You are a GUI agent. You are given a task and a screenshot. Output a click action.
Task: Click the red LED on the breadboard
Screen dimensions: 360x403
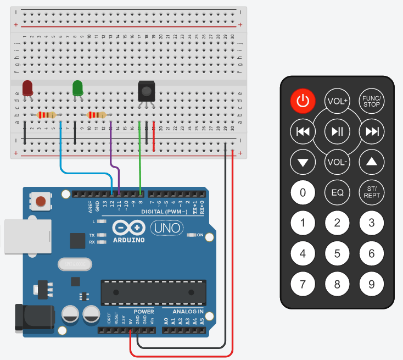click(27, 88)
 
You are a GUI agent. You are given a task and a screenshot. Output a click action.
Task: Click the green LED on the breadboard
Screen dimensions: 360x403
click(77, 88)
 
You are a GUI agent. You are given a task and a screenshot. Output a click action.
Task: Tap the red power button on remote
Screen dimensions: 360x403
click(303, 101)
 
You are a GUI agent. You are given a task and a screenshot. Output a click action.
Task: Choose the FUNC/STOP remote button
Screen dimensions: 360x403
click(371, 101)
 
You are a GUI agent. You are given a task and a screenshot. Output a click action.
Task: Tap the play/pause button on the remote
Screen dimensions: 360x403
click(337, 131)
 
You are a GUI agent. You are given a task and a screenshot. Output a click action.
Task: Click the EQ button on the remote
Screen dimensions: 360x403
click(337, 192)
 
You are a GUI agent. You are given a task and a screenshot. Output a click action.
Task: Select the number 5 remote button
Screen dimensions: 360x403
click(337, 253)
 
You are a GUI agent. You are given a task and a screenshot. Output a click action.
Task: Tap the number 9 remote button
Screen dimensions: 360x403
click(371, 284)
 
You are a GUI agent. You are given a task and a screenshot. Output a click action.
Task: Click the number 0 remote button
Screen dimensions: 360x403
click(303, 192)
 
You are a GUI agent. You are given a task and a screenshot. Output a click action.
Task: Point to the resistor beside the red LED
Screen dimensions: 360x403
click(46, 115)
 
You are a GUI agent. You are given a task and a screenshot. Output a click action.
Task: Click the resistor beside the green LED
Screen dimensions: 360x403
click(96, 115)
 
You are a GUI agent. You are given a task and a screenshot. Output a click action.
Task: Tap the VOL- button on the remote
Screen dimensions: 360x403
click(337, 162)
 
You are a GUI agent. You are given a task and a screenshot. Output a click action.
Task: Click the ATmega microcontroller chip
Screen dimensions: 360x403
click(154, 291)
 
